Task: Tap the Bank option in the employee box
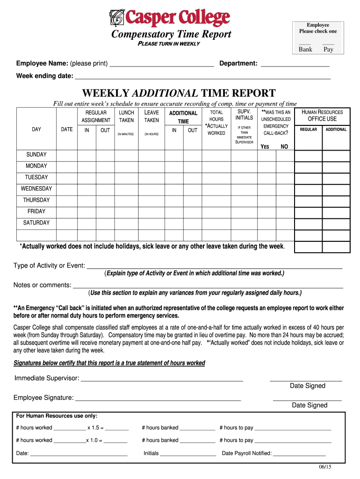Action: (305, 49)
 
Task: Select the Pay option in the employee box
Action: (329, 49)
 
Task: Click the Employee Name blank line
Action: (161, 64)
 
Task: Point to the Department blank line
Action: (295, 64)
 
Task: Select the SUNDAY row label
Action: (36, 154)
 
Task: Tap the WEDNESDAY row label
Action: (36, 189)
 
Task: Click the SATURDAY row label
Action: (36, 223)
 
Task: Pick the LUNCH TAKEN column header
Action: (126, 116)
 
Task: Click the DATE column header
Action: (67, 130)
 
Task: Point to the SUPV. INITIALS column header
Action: (244, 115)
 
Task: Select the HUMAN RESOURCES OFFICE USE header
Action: (322, 116)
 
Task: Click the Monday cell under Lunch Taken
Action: (126, 166)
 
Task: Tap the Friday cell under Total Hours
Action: (216, 211)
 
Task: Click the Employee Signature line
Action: (158, 398)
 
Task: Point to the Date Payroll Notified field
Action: (299, 453)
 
